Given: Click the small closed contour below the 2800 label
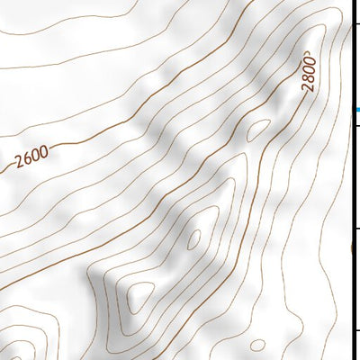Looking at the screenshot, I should point(258,130).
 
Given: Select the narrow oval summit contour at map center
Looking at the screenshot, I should point(193,238).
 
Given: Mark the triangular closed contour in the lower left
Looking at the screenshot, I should point(140,294).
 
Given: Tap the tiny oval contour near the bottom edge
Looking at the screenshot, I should point(257,345).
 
